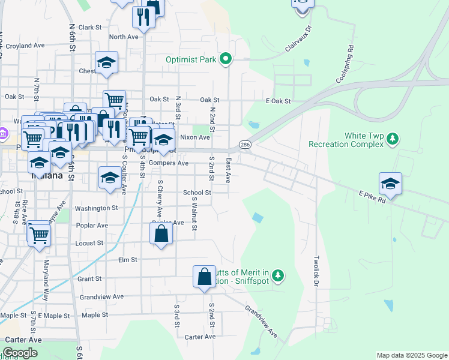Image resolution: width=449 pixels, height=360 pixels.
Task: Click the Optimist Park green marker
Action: [226, 59]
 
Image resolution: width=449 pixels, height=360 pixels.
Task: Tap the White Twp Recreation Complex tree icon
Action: [393, 139]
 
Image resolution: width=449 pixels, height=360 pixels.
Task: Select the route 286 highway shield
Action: [246, 145]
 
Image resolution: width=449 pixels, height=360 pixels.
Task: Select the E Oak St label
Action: [279, 101]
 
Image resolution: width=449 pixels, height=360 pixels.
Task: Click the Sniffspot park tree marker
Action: [277, 275]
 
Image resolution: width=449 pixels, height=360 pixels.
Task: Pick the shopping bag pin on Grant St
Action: [204, 277]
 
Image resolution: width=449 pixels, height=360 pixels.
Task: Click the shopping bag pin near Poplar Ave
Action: [161, 233]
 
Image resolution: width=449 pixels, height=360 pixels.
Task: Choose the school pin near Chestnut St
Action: [106, 62]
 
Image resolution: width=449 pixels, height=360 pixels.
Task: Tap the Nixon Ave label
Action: [195, 137]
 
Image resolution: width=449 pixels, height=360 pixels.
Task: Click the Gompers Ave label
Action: [173, 163]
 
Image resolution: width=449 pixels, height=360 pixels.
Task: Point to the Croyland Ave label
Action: [25, 45]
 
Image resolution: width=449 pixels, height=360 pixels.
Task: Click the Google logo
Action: [20, 353]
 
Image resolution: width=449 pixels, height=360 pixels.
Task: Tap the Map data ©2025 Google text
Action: [412, 355]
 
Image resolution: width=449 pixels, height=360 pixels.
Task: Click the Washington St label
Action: [97, 208]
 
